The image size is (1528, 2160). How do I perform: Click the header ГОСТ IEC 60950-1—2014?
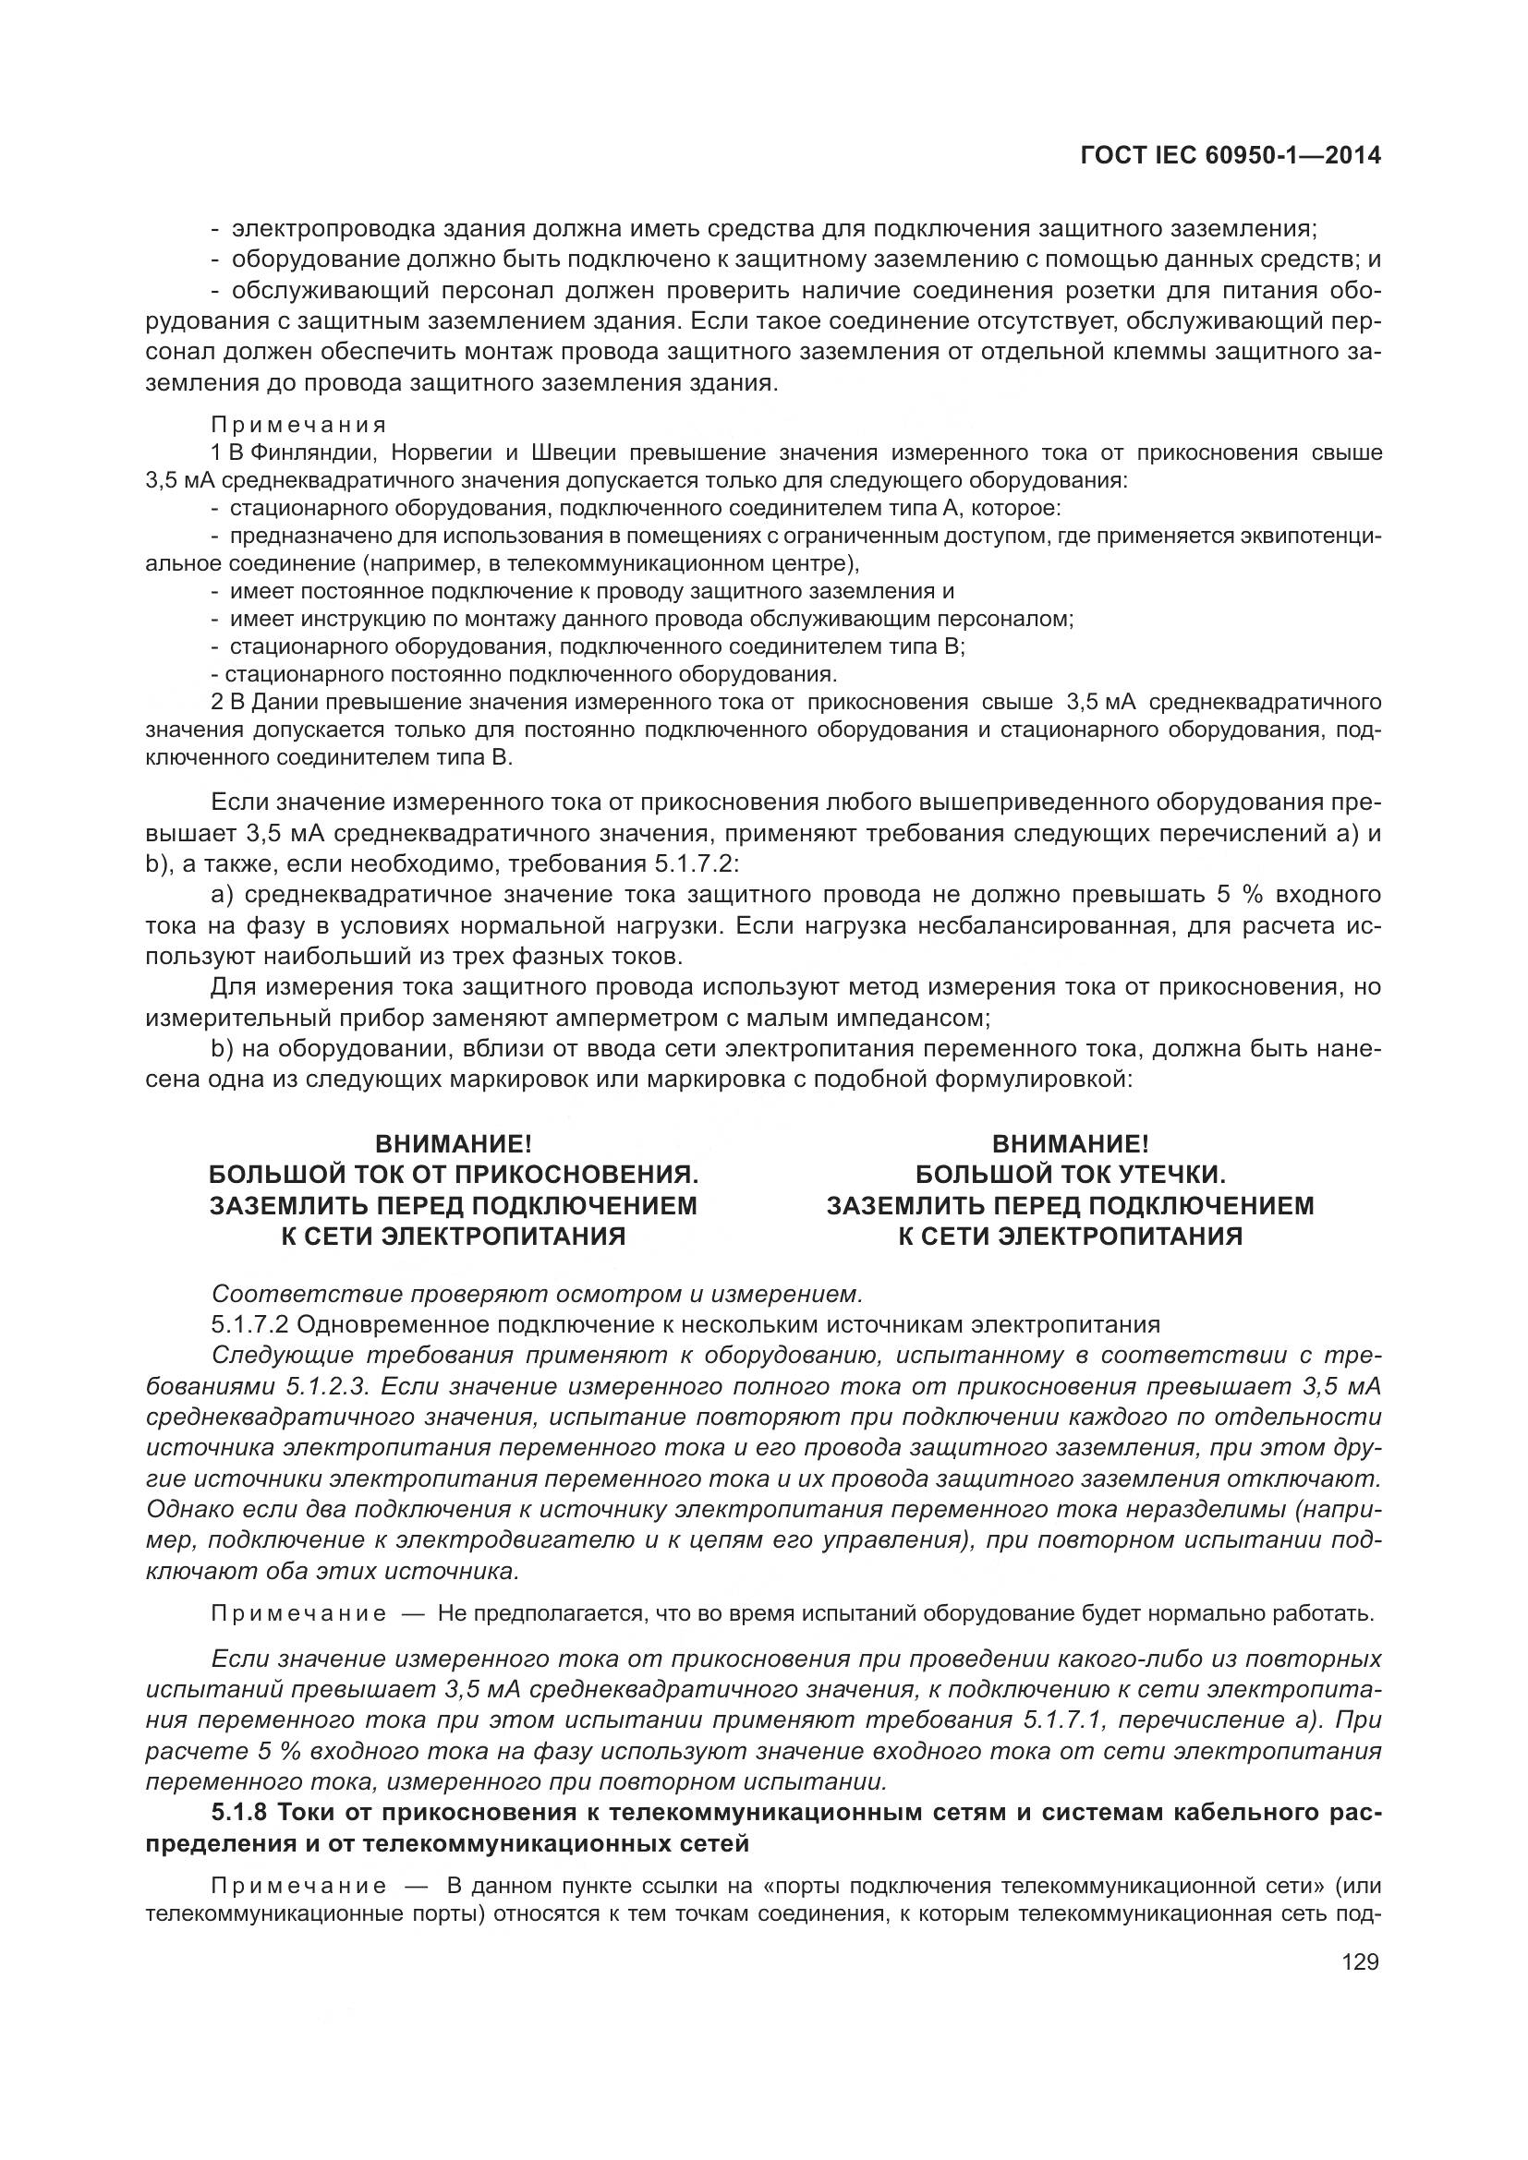[1231, 156]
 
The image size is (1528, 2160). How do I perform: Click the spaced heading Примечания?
[298, 425]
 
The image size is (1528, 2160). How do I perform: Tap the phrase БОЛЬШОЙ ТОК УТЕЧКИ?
[1070, 1174]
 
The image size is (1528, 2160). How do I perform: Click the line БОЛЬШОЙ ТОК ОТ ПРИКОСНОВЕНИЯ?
[454, 1174]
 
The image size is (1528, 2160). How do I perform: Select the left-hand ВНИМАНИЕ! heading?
[454, 1144]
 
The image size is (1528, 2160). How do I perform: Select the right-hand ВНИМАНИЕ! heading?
[1070, 1144]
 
